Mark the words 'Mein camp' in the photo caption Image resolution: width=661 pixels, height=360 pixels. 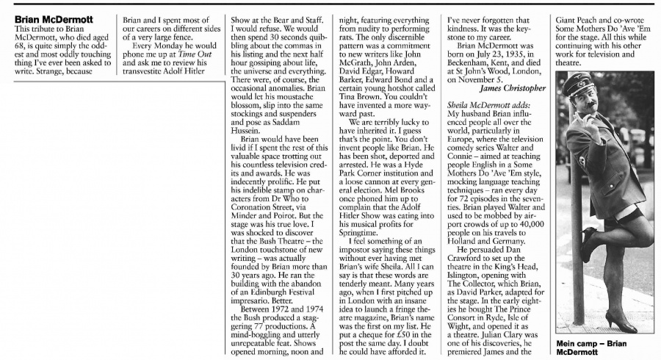click(x=585, y=344)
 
